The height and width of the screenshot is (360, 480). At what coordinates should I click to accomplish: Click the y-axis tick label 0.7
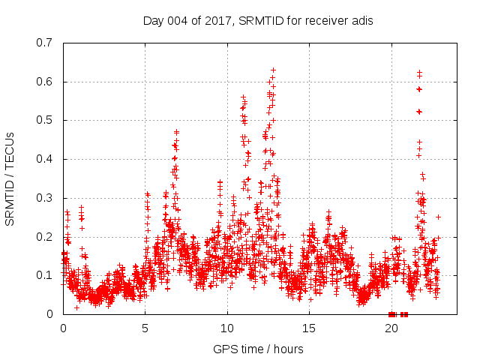click(x=47, y=43)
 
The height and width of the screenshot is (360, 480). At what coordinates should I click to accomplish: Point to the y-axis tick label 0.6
click(x=47, y=82)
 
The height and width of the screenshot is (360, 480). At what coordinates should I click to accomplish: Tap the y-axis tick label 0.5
click(x=47, y=120)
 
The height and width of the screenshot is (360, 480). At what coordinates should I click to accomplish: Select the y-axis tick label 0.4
click(x=47, y=159)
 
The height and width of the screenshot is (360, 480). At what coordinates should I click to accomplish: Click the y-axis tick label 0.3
click(x=47, y=198)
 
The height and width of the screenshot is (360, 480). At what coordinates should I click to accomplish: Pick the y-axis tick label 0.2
click(x=47, y=236)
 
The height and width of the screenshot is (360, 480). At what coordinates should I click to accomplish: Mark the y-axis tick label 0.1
click(x=47, y=275)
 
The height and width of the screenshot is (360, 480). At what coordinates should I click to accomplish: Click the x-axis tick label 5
click(x=145, y=328)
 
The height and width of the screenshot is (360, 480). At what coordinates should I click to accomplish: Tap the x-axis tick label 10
click(x=227, y=328)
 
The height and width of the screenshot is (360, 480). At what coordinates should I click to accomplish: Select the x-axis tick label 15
click(x=309, y=328)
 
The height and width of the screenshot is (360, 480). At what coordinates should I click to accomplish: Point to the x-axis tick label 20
click(x=391, y=328)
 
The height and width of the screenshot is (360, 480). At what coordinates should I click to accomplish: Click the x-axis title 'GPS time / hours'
click(x=258, y=349)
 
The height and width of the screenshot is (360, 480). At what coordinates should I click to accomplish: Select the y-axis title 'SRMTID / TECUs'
click(x=10, y=178)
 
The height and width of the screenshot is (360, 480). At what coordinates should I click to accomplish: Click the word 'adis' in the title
click(x=362, y=20)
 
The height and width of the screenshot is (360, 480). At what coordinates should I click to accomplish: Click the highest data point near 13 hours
click(x=274, y=70)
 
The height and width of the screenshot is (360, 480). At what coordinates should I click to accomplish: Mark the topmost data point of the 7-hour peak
click(x=177, y=132)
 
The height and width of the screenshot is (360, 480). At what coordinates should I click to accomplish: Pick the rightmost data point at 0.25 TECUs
click(x=438, y=217)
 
